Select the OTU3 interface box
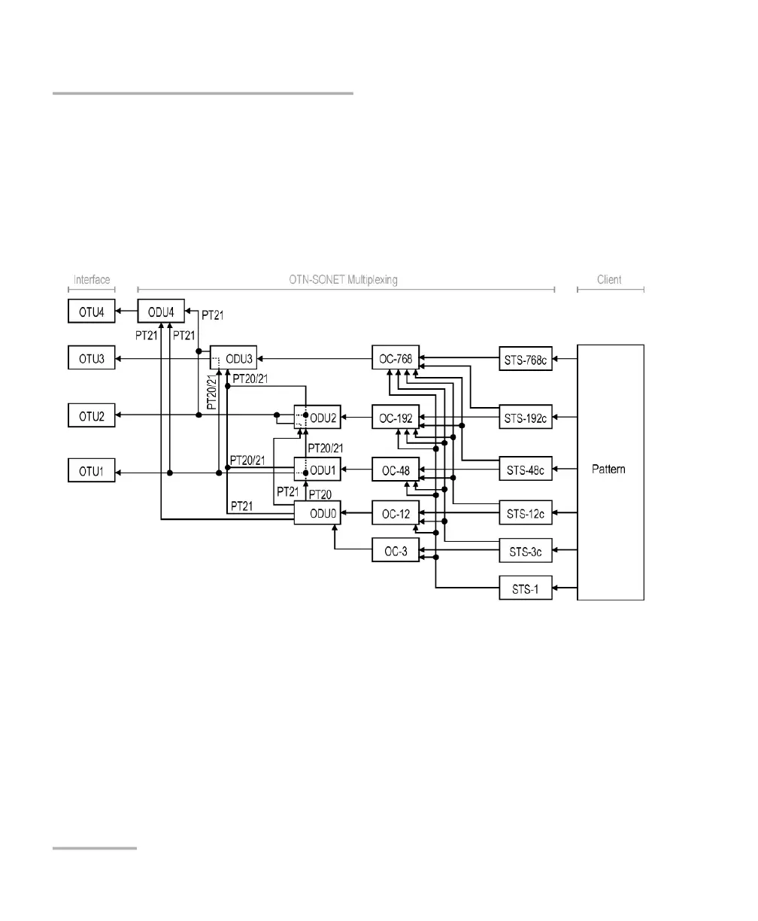pyautogui.click(x=91, y=358)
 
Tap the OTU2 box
pyautogui.click(x=91, y=415)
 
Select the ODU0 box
pyautogui.click(x=317, y=515)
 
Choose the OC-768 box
pyautogui.click(x=396, y=358)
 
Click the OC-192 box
pyautogui.click(x=396, y=417)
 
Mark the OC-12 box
pyautogui.click(x=396, y=515)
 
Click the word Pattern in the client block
pyautogui.click(x=610, y=469)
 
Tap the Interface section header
pyautogui.click(x=91, y=280)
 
